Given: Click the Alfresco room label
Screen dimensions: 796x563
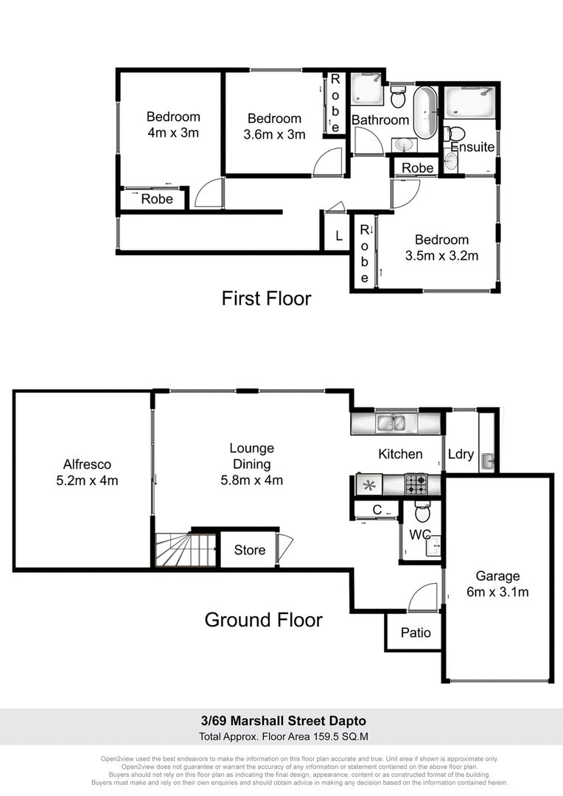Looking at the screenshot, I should (86, 472).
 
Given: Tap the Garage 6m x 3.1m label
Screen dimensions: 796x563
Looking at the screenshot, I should (497, 584).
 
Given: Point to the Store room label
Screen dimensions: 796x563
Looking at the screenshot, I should (249, 550).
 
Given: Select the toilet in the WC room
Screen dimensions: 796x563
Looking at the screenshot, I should (422, 512).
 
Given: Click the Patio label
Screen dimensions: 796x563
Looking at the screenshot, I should (416, 632).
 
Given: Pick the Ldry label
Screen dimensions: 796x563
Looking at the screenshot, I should (461, 454).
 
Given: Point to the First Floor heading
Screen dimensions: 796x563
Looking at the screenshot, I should (266, 298).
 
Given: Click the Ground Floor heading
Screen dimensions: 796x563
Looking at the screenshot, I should (263, 620).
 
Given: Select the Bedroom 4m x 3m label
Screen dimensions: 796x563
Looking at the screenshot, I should (173, 125).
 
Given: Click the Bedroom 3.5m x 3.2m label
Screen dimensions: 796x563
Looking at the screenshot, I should (441, 248).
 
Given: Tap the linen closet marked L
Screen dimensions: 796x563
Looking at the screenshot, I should (338, 236).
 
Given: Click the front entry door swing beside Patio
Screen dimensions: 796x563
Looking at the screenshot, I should (426, 596).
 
